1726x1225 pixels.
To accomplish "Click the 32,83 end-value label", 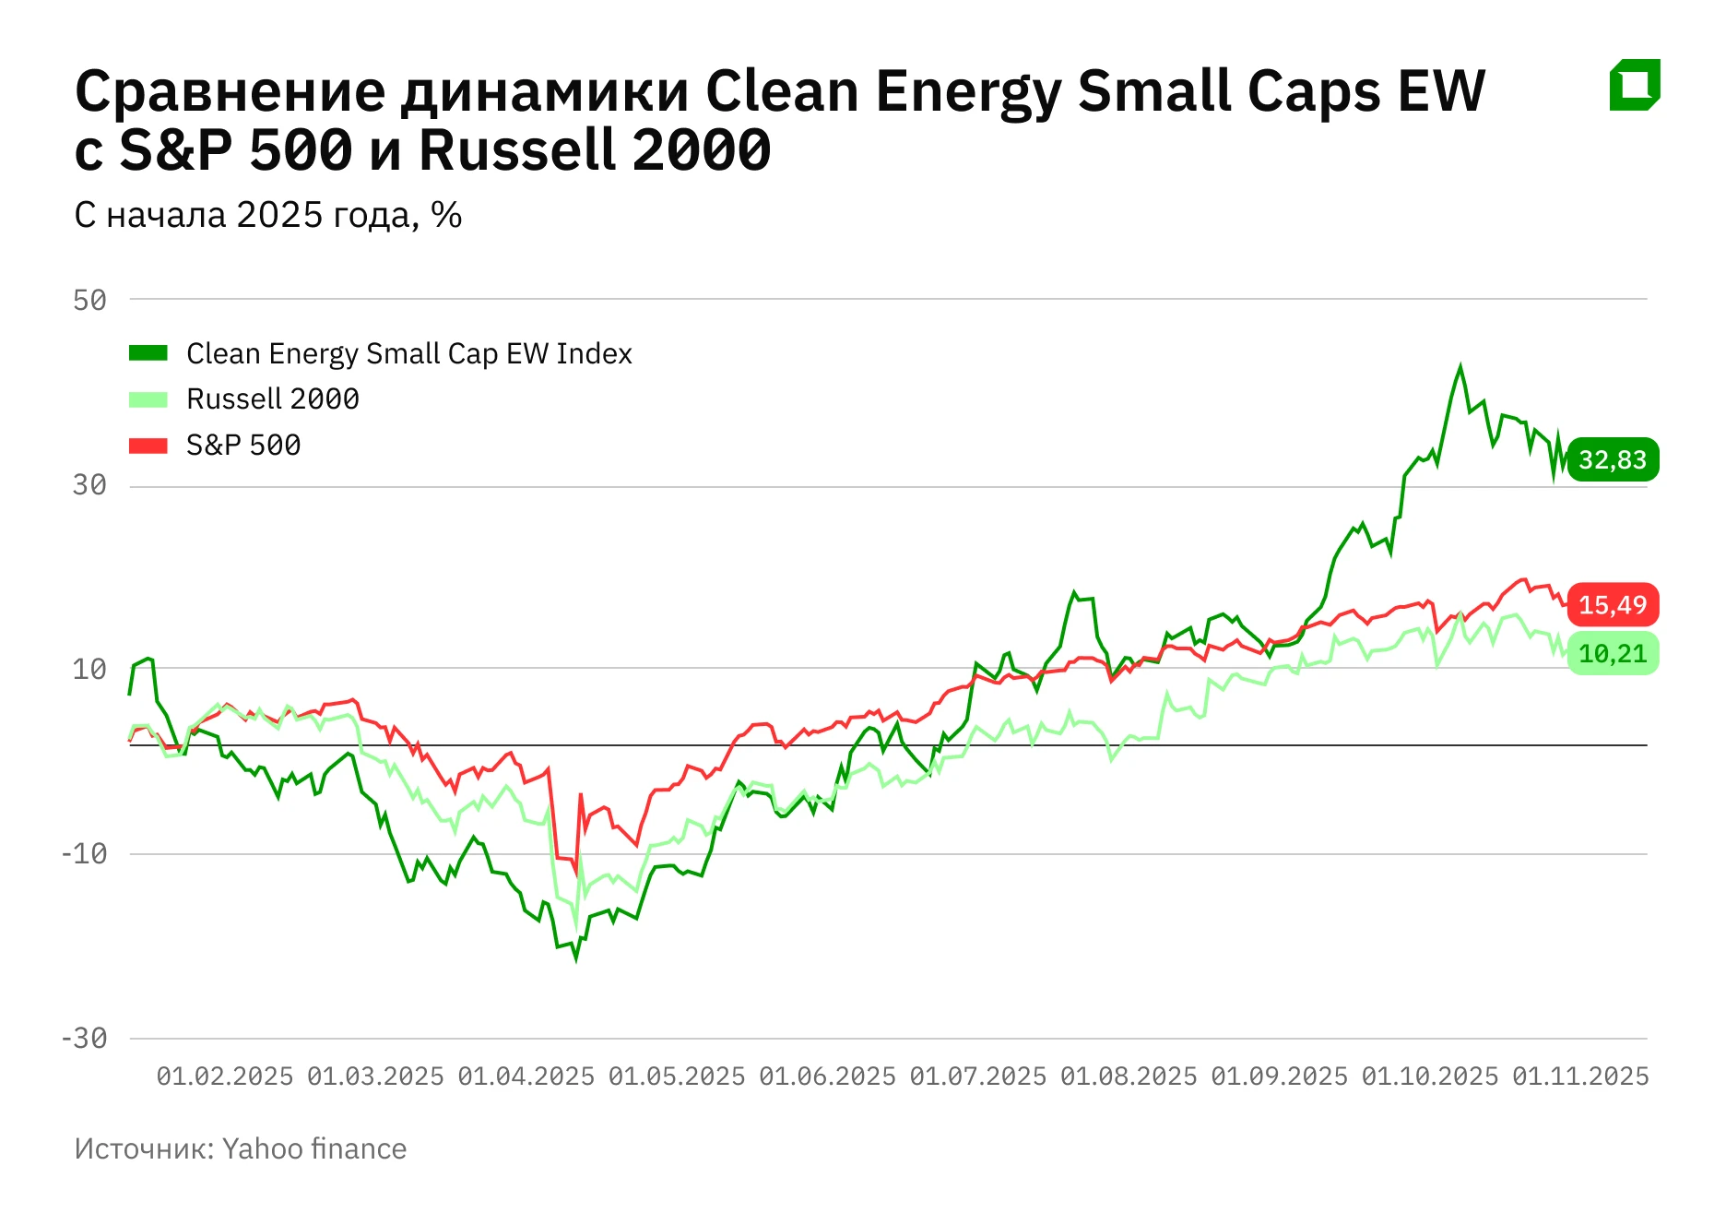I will click(x=1612, y=459).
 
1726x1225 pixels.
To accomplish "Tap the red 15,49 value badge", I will click(x=1612, y=605).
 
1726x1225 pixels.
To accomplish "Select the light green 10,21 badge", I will click(x=1612, y=654).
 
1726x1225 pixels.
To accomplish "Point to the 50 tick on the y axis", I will click(x=90, y=300).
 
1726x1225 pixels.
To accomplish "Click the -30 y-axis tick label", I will click(x=84, y=1039).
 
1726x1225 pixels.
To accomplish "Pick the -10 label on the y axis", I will click(x=84, y=853).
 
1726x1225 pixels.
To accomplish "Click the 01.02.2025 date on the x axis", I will click(x=224, y=1076).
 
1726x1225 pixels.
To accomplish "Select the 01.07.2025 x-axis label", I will click(x=977, y=1076).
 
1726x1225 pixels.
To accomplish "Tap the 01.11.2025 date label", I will click(x=1580, y=1076).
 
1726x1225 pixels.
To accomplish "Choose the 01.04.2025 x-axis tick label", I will click(x=526, y=1076).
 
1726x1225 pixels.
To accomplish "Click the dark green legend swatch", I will click(x=148, y=353).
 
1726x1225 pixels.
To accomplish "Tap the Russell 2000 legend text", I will click(x=272, y=399).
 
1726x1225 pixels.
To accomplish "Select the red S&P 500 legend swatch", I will click(x=148, y=446).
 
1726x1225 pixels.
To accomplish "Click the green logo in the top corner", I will click(x=1635, y=85).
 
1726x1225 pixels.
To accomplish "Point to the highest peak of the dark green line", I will click(x=1460, y=366).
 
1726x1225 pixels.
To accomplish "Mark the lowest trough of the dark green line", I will click(x=576, y=958).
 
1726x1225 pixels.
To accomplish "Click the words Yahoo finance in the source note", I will click(x=314, y=1149).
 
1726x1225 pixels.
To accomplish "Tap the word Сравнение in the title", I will click(x=230, y=92).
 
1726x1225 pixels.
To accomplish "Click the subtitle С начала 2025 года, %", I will click(x=267, y=215).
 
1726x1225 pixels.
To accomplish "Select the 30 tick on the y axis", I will click(x=90, y=485).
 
